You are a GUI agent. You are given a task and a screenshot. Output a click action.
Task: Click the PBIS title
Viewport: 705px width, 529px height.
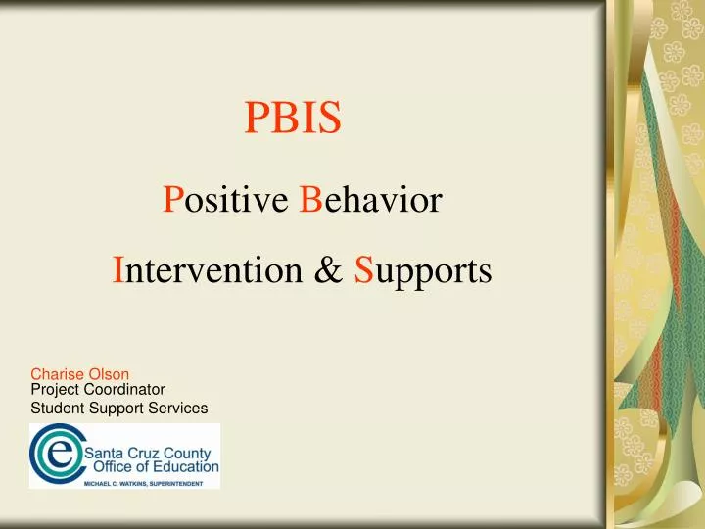coord(292,119)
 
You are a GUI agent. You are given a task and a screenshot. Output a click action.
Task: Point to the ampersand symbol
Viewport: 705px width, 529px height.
coord(327,269)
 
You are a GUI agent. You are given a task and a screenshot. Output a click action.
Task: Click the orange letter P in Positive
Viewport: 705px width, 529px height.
coord(171,201)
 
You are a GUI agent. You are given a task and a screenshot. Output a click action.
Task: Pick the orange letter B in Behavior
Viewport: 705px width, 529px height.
coord(311,201)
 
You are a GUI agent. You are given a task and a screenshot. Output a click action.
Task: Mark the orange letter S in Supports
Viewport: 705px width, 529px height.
coord(362,269)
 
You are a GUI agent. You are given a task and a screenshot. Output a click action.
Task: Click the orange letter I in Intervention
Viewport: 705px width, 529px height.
coord(118,269)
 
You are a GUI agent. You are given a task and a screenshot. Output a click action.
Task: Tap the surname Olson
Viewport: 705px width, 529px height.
coord(111,373)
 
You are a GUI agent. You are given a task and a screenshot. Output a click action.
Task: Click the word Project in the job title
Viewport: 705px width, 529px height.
coord(54,388)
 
